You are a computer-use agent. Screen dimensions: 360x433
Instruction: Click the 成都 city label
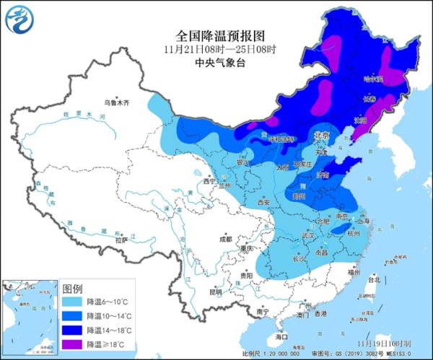pyautogui.click(x=225, y=239)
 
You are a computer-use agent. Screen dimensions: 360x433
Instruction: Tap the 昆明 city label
pyautogui.click(x=216, y=292)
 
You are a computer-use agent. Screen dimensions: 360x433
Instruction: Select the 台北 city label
pyautogui.click(x=373, y=278)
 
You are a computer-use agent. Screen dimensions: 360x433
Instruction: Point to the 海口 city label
pyautogui.click(x=281, y=336)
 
